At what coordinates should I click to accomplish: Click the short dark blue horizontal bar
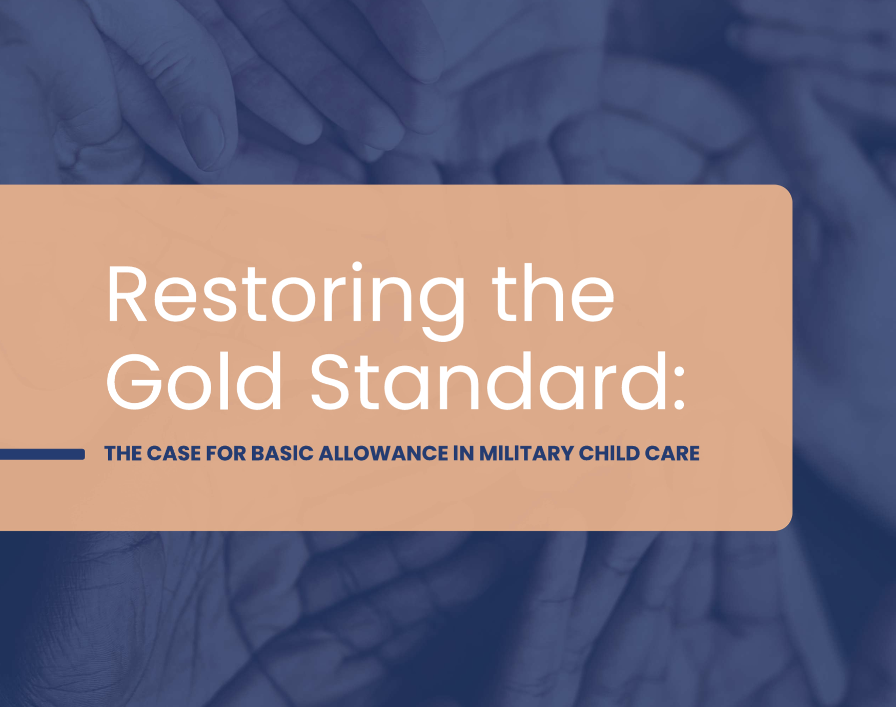[x=43, y=454]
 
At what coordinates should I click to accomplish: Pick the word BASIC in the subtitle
[x=282, y=454]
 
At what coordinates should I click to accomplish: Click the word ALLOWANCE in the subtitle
[x=383, y=454]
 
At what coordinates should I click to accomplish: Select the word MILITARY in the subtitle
[x=526, y=454]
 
